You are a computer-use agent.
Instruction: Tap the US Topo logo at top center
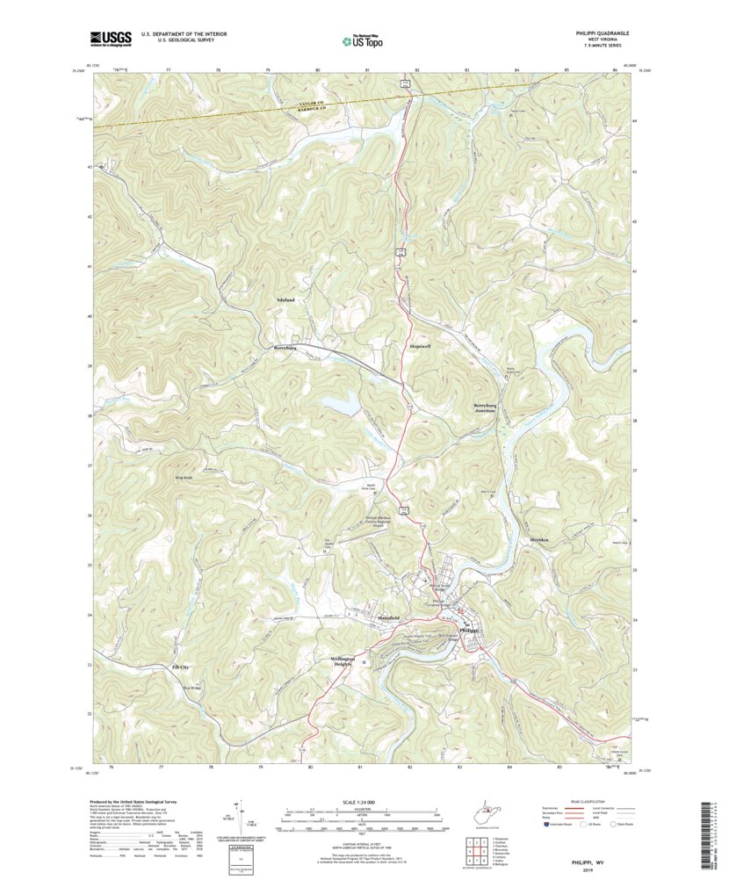[362, 40]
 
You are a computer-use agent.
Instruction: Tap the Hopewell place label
[419, 348]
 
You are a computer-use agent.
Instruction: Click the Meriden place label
[538, 539]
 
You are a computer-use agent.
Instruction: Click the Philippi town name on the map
[468, 631]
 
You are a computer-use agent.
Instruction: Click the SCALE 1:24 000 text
[362, 803]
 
